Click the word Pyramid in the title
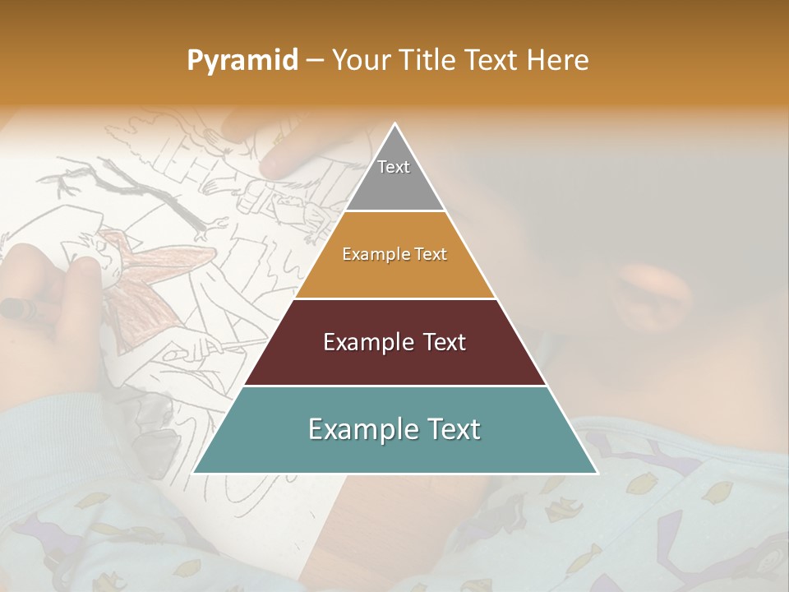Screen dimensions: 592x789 (242, 61)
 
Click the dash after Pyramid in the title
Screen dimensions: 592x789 (314, 61)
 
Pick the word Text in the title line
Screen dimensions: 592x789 (492, 60)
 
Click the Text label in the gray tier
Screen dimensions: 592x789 (394, 167)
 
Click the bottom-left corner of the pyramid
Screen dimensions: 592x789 (192, 474)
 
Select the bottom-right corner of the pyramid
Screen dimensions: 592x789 (598, 474)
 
